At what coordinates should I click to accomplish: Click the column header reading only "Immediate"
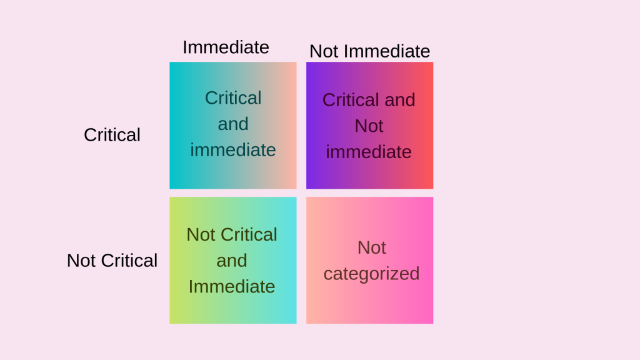(226, 47)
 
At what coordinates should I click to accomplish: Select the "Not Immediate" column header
(369, 51)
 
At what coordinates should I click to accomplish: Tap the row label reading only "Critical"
(112, 135)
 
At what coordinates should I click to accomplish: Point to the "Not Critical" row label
(112, 261)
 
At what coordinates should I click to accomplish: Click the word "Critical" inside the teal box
(233, 98)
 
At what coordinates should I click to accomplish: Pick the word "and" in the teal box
(233, 124)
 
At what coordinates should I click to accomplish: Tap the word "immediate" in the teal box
(233, 150)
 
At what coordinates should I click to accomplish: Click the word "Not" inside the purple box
(369, 126)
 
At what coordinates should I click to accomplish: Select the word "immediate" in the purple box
(369, 152)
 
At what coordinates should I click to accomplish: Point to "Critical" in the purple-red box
(351, 100)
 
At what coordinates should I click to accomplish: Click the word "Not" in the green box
(201, 234)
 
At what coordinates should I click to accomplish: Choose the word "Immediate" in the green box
(232, 286)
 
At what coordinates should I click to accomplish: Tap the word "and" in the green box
(232, 261)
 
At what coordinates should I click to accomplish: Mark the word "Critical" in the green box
(249, 234)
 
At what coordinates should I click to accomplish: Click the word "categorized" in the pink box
(371, 274)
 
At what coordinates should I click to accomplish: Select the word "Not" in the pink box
(372, 247)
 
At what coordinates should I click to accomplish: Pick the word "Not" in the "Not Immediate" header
(324, 51)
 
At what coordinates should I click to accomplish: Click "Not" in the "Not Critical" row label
(81, 261)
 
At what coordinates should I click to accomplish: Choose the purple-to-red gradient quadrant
(369, 175)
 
